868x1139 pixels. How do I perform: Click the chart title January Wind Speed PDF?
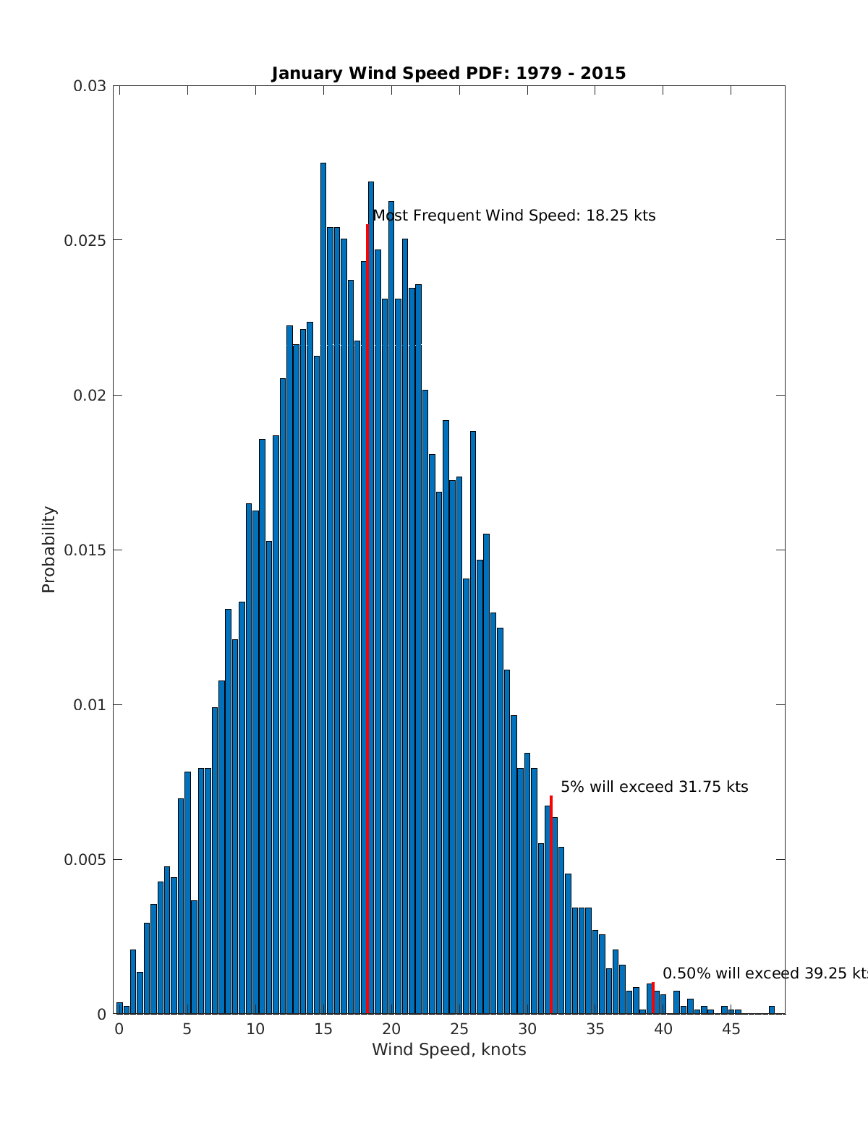click(x=448, y=74)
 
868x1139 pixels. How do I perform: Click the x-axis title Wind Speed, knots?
click(x=448, y=1049)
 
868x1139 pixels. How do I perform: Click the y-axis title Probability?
click(x=48, y=550)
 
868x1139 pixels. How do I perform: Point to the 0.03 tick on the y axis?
click(x=89, y=86)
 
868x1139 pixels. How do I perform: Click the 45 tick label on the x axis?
click(x=731, y=1029)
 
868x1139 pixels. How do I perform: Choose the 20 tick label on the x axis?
click(x=391, y=1029)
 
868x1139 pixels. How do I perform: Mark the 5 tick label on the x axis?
click(x=187, y=1029)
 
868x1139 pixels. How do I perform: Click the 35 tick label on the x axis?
click(x=595, y=1029)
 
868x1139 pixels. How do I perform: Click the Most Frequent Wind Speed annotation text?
click(x=514, y=216)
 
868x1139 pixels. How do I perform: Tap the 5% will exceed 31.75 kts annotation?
click(x=654, y=787)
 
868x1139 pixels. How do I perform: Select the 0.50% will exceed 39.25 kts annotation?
click(x=765, y=973)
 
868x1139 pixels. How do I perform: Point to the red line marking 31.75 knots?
click(x=551, y=904)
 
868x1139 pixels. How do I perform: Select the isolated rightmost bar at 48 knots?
click(x=772, y=1010)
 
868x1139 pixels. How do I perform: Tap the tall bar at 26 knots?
click(x=473, y=723)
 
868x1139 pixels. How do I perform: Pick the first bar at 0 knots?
click(x=119, y=1008)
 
